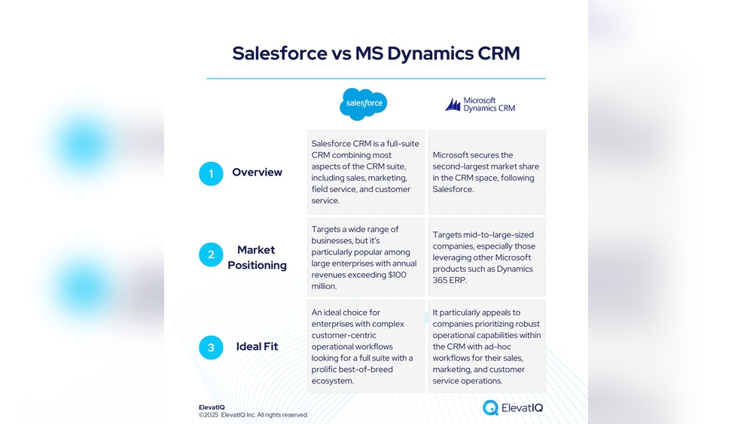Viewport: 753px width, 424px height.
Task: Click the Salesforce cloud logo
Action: pyautogui.click(x=363, y=104)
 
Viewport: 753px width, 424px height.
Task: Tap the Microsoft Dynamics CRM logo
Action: pyautogui.click(x=480, y=105)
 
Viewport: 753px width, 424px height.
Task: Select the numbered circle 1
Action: pyautogui.click(x=211, y=173)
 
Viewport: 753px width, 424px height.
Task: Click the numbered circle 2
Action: pyautogui.click(x=211, y=255)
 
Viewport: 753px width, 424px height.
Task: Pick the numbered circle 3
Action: pyautogui.click(x=211, y=347)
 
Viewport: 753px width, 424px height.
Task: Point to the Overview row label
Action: pyautogui.click(x=257, y=172)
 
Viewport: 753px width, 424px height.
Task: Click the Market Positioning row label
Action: pyautogui.click(x=257, y=258)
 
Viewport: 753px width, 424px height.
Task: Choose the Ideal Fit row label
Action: pyautogui.click(x=257, y=346)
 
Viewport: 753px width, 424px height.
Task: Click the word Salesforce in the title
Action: pyautogui.click(x=279, y=53)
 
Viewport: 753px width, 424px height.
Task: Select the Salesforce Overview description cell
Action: pyautogui.click(x=365, y=172)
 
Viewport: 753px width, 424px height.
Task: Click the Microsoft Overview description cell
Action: pyautogui.click(x=486, y=172)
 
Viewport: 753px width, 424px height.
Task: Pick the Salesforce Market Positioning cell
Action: pyautogui.click(x=365, y=258)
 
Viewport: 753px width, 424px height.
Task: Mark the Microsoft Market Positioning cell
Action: pyautogui.click(x=486, y=258)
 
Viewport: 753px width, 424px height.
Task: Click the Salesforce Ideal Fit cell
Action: pyautogui.click(x=365, y=346)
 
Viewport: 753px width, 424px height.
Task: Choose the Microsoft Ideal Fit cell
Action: pyautogui.click(x=486, y=346)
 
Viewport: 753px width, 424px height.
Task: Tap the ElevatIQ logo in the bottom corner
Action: pyautogui.click(x=513, y=408)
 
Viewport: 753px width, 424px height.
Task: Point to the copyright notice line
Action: pyautogui.click(x=253, y=415)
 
